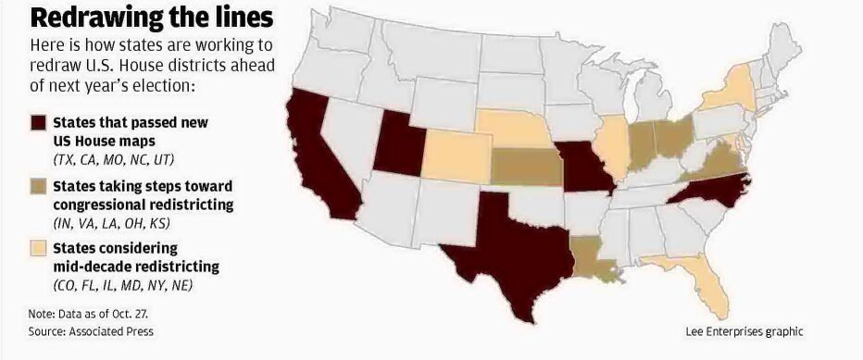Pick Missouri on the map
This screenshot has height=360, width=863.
point(585,168)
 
